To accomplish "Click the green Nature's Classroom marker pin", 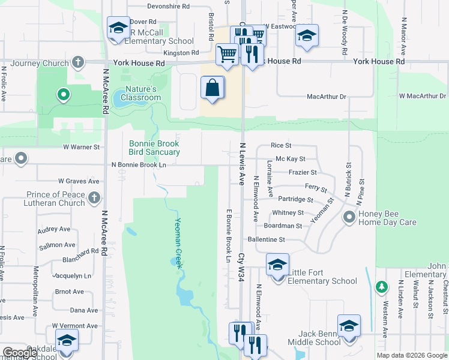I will pyautogui.click(x=62, y=95).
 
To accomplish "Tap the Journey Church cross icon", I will pyautogui.click(x=77, y=62).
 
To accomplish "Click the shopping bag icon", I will pyautogui.click(x=212, y=88).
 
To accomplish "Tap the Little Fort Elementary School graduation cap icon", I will pyautogui.click(x=277, y=265).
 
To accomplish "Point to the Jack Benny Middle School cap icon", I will pyautogui.click(x=349, y=326).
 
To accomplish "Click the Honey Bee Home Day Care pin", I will pyautogui.click(x=349, y=217).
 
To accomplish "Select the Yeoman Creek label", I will pyautogui.click(x=178, y=241).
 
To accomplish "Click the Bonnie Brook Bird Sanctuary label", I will pyautogui.click(x=154, y=148).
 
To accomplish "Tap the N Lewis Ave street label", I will pyautogui.click(x=243, y=163).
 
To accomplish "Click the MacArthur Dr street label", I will pyautogui.click(x=327, y=96).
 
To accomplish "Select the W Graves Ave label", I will pyautogui.click(x=78, y=181).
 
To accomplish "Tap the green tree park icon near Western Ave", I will pyautogui.click(x=381, y=287).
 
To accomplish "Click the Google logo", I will pyautogui.click(x=20, y=353).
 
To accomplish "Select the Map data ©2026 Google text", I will pyautogui.click(x=411, y=355).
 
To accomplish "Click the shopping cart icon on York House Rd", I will pyautogui.click(x=227, y=55).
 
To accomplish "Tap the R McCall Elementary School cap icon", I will pyautogui.click(x=118, y=28).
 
